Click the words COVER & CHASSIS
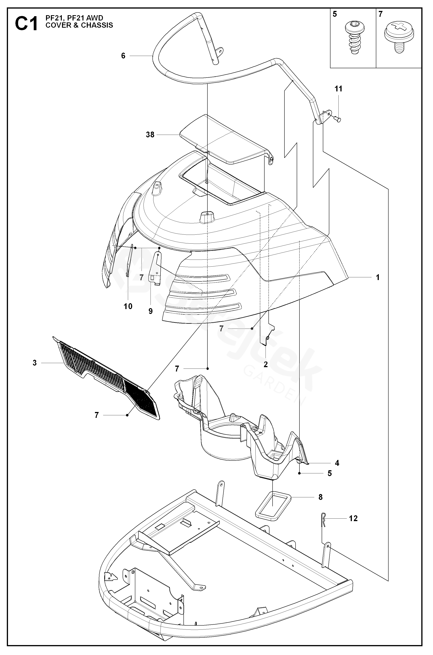tap(79, 25)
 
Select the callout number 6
tap(123, 56)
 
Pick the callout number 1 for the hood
tap(378, 277)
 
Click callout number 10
tap(128, 306)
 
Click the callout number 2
tap(266, 364)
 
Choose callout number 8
tap(320, 497)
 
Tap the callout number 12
tap(353, 518)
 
